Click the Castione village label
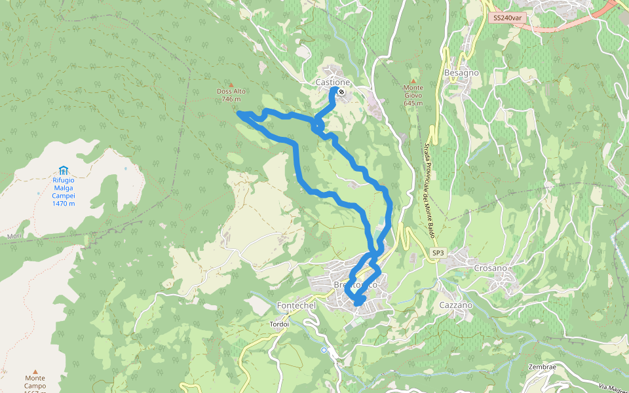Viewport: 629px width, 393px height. tap(332, 83)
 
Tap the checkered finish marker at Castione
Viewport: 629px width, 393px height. tap(341, 92)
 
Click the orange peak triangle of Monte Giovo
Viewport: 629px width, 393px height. tap(413, 81)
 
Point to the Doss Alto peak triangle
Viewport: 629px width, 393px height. tap(231, 84)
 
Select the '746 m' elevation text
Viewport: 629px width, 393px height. tap(231, 100)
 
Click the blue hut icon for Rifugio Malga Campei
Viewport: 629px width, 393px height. tap(64, 170)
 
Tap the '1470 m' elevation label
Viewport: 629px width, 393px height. tap(64, 204)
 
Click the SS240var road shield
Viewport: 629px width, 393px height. tap(508, 18)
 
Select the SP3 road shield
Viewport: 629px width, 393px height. tap(438, 253)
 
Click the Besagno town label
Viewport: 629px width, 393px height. tap(461, 73)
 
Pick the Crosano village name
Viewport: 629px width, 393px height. tap(490, 269)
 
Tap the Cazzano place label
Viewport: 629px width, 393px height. tap(456, 305)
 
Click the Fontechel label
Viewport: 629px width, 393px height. tap(297, 306)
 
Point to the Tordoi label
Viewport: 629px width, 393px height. tap(279, 324)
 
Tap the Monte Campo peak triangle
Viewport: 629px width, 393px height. tap(35, 371)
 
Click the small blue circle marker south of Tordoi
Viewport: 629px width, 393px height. tap(324, 350)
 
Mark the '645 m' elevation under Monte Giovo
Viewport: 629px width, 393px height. tap(413, 103)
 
